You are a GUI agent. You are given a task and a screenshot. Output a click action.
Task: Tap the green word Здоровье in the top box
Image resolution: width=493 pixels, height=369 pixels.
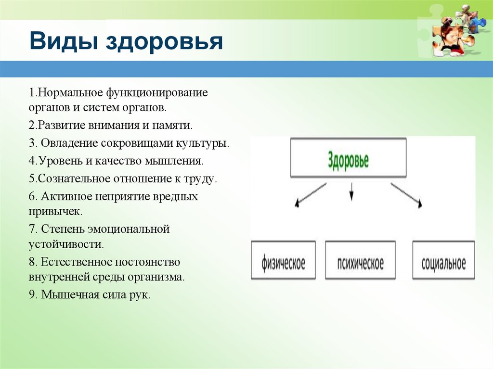[348, 161]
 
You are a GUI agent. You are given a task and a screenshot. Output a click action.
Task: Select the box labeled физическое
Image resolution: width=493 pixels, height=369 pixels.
[283, 260]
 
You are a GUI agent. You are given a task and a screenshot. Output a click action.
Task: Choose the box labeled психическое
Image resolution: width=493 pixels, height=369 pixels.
[360, 260]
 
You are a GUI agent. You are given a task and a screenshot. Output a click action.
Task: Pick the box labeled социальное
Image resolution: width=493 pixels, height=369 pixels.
[443, 260]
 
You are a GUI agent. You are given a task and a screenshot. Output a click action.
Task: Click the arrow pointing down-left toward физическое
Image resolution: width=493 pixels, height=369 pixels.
[311, 195]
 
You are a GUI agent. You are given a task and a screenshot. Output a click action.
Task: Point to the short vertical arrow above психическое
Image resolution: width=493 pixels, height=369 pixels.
[351, 191]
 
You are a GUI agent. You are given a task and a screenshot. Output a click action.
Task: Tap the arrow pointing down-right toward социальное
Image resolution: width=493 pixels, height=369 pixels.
[406, 195]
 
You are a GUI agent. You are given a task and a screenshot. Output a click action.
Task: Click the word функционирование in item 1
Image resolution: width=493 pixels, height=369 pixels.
[157, 93]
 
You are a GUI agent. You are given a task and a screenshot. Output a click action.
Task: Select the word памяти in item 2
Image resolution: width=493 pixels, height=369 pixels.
[172, 126]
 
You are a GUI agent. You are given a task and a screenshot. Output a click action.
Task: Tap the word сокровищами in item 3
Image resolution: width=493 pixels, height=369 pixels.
[137, 144]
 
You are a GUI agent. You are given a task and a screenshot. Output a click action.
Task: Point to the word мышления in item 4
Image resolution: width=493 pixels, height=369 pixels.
[174, 161]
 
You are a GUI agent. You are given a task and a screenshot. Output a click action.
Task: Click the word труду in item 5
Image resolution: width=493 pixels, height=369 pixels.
[200, 179]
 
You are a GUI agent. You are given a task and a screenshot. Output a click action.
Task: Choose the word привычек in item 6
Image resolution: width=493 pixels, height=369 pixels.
[55, 212]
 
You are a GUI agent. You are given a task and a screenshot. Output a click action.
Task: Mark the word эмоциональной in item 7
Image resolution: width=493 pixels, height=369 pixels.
[129, 229]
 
